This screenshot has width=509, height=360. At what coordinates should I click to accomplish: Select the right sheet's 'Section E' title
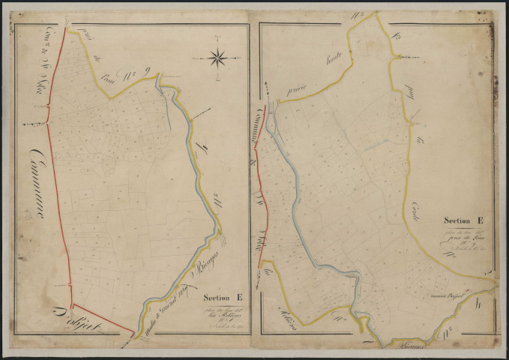pos(462,220)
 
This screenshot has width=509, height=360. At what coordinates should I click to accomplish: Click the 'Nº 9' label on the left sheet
pos(141,73)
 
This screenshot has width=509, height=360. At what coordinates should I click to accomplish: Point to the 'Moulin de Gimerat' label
pos(169,301)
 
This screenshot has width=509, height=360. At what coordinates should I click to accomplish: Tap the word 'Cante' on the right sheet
pos(415,206)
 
